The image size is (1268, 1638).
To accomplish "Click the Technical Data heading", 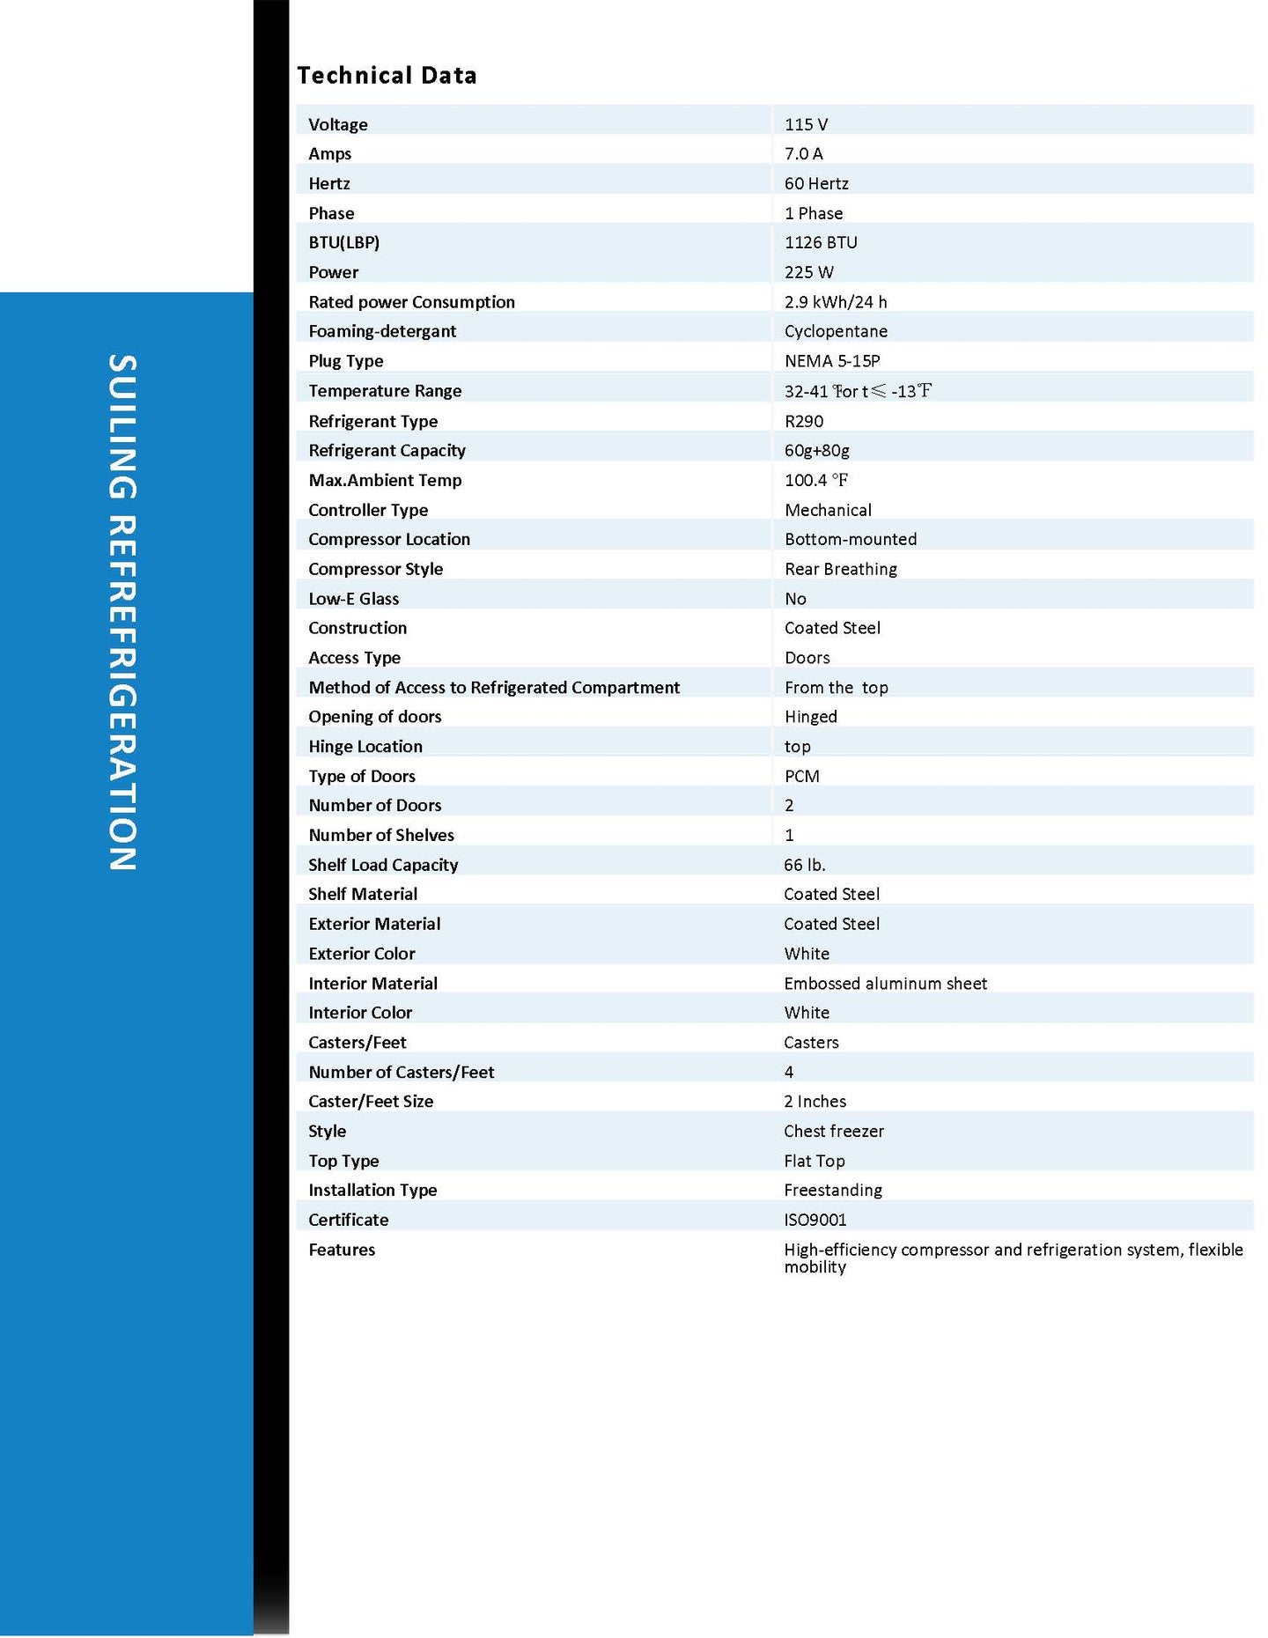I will coord(387,76).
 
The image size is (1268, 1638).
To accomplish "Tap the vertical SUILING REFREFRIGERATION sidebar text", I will coord(122,613).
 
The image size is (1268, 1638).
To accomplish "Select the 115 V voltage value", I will coord(806,124).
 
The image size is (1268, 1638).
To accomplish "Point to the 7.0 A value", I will coord(803,154).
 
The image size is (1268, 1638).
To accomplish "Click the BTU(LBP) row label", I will coord(343,242).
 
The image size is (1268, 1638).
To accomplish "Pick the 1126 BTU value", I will coord(821,242).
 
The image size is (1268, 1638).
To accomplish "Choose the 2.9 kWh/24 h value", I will coord(836,302).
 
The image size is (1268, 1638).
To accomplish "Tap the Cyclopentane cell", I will coord(836,331).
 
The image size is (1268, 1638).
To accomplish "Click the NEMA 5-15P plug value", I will coord(832,361).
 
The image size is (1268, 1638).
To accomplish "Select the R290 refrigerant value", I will coord(804,421).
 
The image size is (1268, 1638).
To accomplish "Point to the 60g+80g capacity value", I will coord(817,451).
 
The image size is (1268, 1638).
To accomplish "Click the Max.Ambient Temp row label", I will coord(385,480).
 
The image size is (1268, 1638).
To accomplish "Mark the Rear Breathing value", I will coord(841,569).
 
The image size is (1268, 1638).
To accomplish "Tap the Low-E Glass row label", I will coord(353,599).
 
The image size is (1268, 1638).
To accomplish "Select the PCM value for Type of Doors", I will coord(801,776).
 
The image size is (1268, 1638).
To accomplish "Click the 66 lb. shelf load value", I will coord(805,865).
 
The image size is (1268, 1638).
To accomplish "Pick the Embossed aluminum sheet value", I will coord(885,983).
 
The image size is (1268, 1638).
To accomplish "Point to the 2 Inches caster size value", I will coord(815,1101).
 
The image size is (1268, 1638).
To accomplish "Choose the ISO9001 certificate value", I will coord(815,1220).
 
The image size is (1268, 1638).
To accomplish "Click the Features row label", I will coord(342,1250).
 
